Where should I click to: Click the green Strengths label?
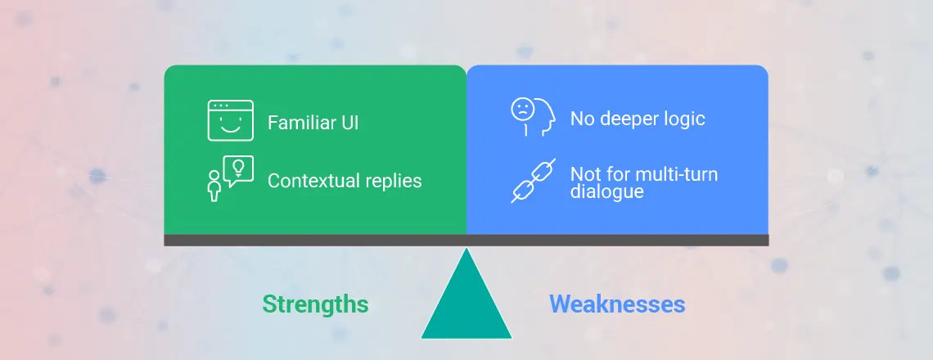click(315, 304)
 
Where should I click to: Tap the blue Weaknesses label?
click(617, 304)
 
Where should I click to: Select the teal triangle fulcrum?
click(466, 294)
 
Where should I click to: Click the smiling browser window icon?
click(230, 120)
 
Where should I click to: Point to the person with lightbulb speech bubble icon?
click(230, 178)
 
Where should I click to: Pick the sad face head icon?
click(533, 117)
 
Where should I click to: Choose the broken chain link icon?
click(533, 181)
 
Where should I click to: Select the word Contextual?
click(313, 180)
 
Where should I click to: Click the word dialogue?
click(607, 191)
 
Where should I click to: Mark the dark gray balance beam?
click(466, 240)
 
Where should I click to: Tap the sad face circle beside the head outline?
click(522, 109)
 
